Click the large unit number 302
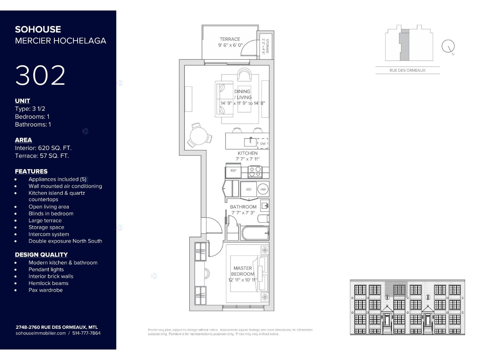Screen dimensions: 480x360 point(40,75)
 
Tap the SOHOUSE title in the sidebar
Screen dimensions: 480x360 point(38,29)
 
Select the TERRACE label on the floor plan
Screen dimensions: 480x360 point(230,39)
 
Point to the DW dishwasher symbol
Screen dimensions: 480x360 point(262,144)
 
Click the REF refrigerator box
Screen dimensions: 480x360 point(233,171)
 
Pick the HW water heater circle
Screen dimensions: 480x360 point(263,189)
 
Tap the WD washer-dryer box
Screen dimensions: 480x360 point(249,189)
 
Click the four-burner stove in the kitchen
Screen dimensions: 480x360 point(255,172)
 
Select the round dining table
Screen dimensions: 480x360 point(199,136)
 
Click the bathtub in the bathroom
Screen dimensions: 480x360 point(255,233)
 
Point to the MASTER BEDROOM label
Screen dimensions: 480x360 point(243,271)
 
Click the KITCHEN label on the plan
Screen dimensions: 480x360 point(247,153)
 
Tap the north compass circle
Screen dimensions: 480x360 point(448,46)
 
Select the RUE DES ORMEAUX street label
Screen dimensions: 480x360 point(407,70)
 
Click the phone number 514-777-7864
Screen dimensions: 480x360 point(86,333)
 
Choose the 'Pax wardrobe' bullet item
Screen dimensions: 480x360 point(46,290)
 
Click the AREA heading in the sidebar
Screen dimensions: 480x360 point(23,140)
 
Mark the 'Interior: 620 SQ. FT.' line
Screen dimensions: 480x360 point(43,148)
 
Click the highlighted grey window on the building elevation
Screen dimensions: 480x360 point(399,290)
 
